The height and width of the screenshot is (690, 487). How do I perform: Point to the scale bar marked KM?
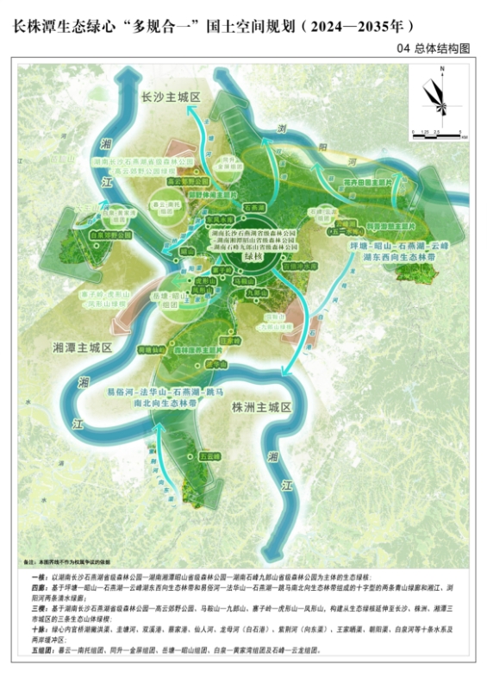[x=439, y=132]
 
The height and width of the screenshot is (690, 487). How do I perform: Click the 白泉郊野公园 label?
[x=110, y=234]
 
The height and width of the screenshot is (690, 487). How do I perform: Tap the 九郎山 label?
[x=253, y=292]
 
